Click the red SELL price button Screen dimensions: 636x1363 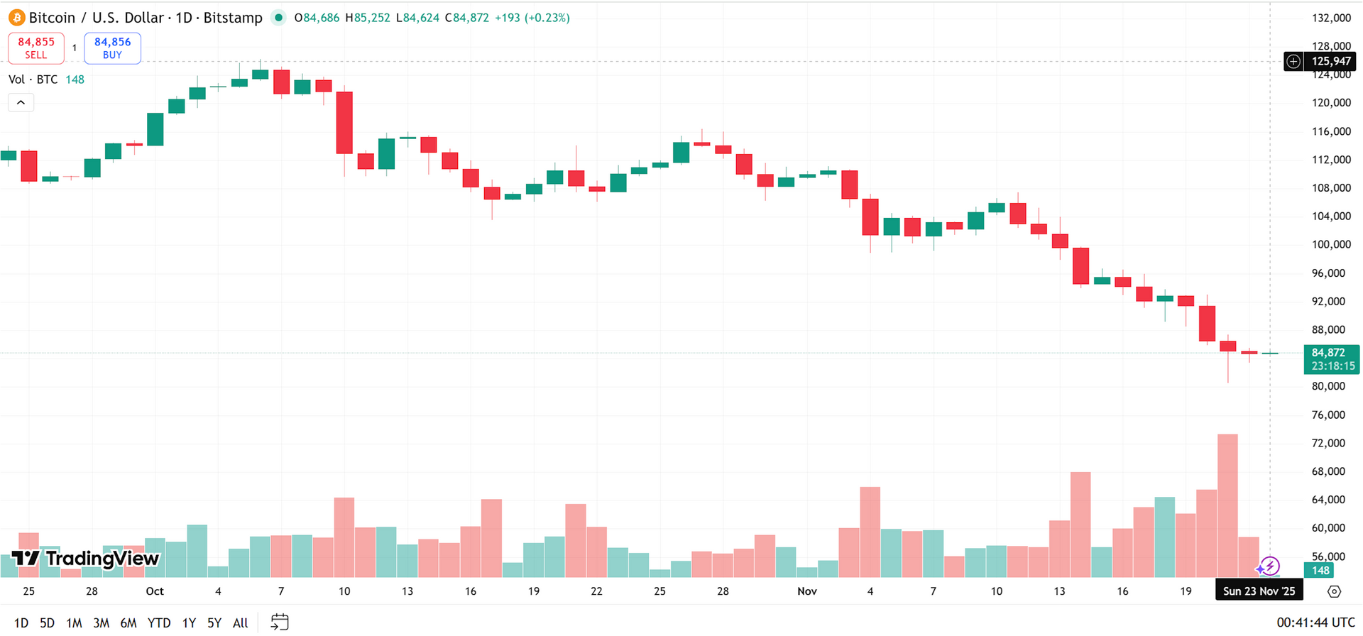[35, 48]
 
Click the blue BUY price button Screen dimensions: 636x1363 [112, 48]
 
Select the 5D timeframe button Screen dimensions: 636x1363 [47, 623]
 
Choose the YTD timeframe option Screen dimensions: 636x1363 [158, 623]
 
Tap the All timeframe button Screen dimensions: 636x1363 [241, 623]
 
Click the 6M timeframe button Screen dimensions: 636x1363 [128, 623]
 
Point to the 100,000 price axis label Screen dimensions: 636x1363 [1331, 244]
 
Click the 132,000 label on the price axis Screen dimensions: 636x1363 [1331, 18]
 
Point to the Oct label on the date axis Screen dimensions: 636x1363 [155, 591]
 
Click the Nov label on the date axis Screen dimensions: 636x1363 [807, 591]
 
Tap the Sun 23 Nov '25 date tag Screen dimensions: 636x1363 [1259, 591]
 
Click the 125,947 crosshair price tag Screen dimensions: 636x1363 [1330, 62]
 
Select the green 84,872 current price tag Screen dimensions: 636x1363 [1331, 359]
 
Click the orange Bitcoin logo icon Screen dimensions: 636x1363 [16, 18]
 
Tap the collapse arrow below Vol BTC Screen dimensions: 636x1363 [21, 103]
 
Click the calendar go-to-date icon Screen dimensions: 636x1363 [280, 623]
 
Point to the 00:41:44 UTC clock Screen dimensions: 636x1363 [1315, 623]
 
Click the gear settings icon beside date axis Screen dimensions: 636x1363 [1334, 591]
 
